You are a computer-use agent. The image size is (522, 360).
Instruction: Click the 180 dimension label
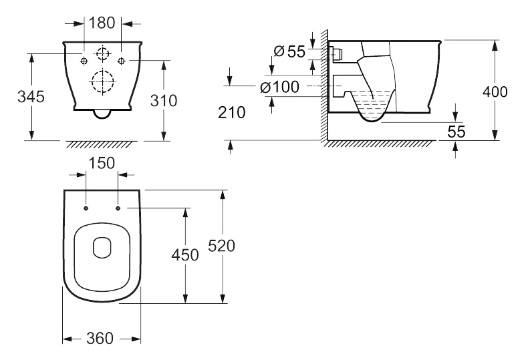tap(102, 23)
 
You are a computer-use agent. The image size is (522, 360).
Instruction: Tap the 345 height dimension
tap(31, 97)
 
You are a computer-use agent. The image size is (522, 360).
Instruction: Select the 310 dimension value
tap(164, 100)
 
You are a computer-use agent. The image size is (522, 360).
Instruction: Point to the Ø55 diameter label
tap(289, 51)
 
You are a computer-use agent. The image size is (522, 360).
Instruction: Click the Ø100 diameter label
tap(279, 87)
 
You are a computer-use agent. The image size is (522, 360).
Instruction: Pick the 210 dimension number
tap(232, 113)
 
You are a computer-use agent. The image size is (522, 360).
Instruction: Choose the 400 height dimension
tap(495, 92)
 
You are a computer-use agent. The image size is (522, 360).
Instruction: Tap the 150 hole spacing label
tap(102, 163)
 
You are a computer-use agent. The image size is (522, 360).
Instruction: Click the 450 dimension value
tap(185, 255)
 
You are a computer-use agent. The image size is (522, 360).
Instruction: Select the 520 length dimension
tap(221, 246)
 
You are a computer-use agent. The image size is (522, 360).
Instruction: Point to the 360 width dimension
tap(100, 339)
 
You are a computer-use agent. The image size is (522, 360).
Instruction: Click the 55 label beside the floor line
tap(456, 132)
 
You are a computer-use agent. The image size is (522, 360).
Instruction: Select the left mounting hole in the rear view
tap(84, 61)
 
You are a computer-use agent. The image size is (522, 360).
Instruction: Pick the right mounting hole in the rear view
tap(122, 61)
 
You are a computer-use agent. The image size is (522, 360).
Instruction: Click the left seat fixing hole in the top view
tap(86, 208)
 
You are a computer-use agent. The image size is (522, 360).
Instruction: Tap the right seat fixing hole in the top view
tap(118, 208)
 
